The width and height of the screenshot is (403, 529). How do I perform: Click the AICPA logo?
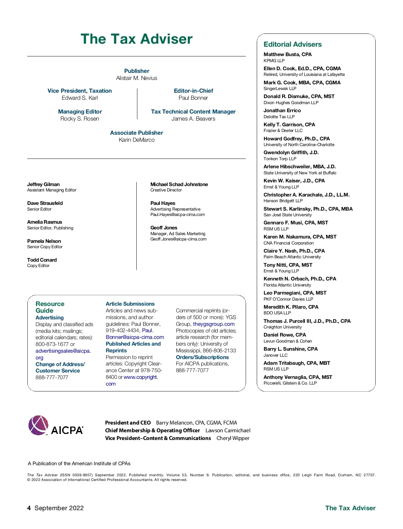click(x=56, y=426)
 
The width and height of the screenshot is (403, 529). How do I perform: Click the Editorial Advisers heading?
click(x=293, y=44)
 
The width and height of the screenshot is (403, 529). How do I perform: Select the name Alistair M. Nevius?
click(x=137, y=78)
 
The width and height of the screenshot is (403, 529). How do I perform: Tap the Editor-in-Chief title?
click(x=193, y=91)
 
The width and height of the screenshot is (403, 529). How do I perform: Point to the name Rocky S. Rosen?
click(x=80, y=119)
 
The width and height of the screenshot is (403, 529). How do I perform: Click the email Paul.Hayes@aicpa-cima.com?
click(x=178, y=215)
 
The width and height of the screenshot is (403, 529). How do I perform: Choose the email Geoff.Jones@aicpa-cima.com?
click(x=178, y=239)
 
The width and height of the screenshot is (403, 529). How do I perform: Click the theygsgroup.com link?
click(x=214, y=324)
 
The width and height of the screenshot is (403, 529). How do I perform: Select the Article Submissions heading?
click(x=130, y=304)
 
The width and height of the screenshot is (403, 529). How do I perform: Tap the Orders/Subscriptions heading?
click(x=202, y=357)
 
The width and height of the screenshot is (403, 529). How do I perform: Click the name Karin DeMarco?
click(x=137, y=140)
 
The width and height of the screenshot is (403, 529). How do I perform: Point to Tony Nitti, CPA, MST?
click(x=288, y=265)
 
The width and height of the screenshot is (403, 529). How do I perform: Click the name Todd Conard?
click(x=42, y=260)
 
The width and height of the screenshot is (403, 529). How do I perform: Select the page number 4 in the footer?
click(x=29, y=508)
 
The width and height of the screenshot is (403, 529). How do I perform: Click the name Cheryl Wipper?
click(x=233, y=438)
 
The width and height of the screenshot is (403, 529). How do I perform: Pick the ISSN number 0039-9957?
click(x=82, y=475)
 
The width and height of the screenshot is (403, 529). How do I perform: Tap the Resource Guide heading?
click(x=50, y=307)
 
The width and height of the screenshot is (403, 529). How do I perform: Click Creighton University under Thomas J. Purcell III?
click(x=282, y=327)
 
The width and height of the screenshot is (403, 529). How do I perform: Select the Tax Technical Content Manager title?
click(x=193, y=112)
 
